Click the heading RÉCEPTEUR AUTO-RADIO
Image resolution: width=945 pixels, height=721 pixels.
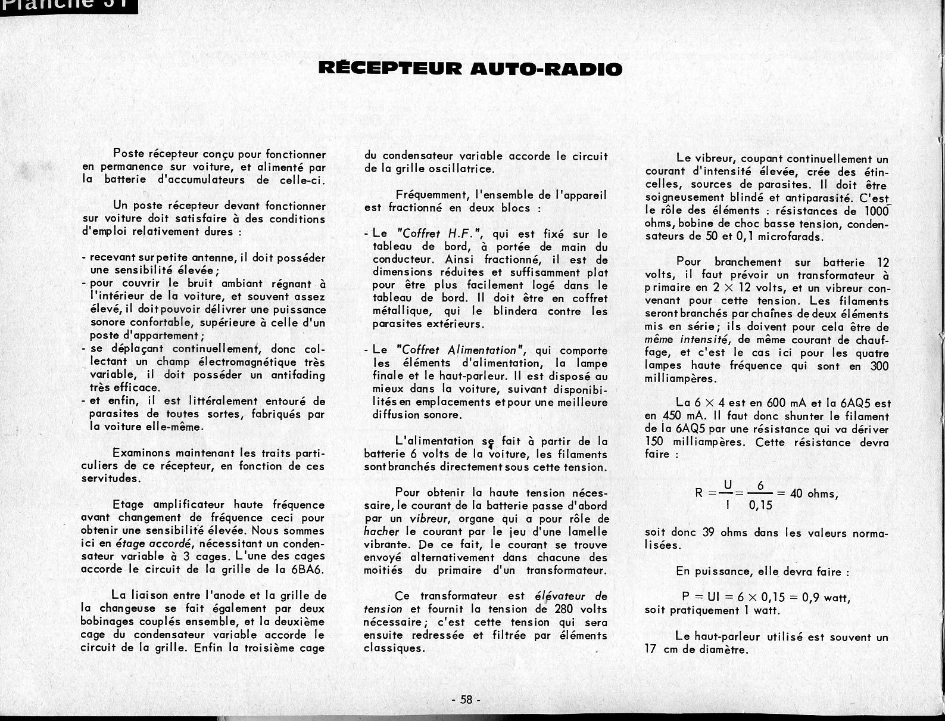point(470,69)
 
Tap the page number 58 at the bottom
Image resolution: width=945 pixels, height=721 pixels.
point(466,700)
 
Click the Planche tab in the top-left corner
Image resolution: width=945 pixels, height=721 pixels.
point(68,5)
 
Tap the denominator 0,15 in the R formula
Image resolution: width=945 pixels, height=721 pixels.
point(760,506)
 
